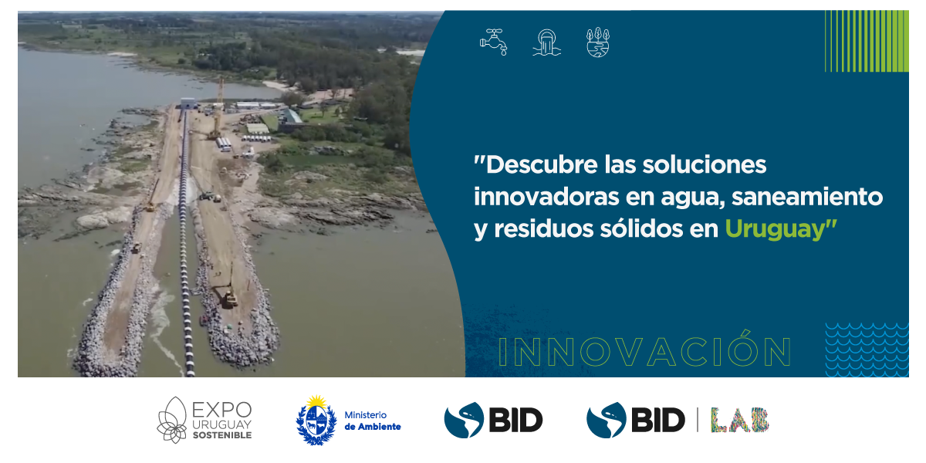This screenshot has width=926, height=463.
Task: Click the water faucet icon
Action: pyautogui.click(x=494, y=42)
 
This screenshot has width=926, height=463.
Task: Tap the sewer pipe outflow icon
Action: pyautogui.click(x=547, y=42)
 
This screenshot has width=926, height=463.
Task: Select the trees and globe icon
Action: pyautogui.click(x=598, y=42)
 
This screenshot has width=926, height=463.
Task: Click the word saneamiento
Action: pyautogui.click(x=807, y=197)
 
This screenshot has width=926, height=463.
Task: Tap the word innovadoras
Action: pyautogui.click(x=546, y=197)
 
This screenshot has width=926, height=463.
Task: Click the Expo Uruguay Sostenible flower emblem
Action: pyautogui.click(x=173, y=420)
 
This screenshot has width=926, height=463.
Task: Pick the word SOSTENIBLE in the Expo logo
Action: pyautogui.click(x=222, y=435)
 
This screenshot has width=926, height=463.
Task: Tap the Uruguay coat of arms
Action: pyautogui.click(x=316, y=420)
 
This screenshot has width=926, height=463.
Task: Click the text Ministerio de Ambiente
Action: pyautogui.click(x=373, y=421)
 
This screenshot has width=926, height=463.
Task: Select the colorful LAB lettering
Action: pyautogui.click(x=739, y=420)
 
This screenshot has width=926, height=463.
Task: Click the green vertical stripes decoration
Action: pyautogui.click(x=867, y=41)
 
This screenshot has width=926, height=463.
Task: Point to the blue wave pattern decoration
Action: pyautogui.click(x=867, y=350)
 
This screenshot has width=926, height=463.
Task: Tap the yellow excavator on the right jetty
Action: pyautogui.click(x=228, y=294)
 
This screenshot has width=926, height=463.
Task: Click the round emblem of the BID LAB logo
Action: pyautogui.click(x=606, y=420)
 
